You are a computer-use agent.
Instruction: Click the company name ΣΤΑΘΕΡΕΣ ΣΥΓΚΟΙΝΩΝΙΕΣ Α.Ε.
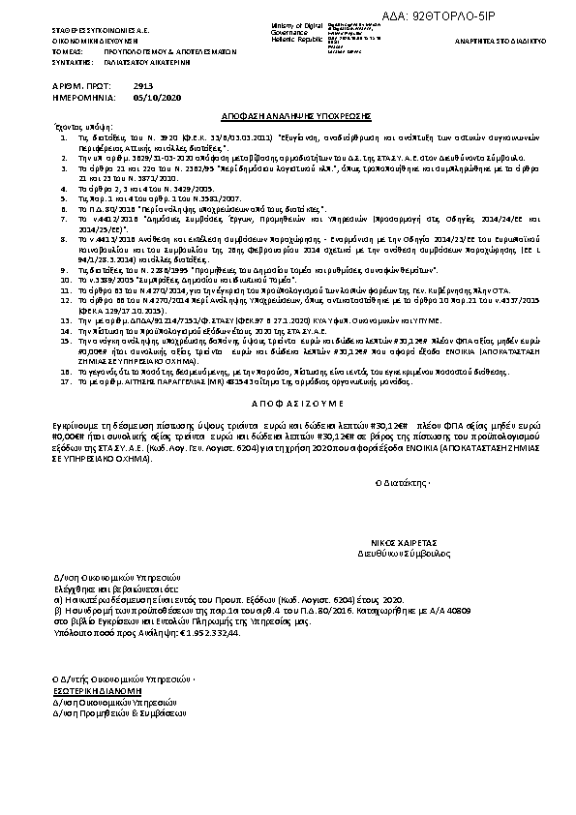(95, 31)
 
